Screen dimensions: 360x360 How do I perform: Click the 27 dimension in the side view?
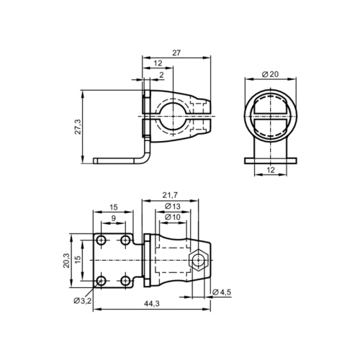pyautogui.click(x=176, y=52)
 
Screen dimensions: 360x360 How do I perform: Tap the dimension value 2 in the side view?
pyautogui.click(x=161, y=75)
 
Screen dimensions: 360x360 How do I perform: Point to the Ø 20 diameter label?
pyautogui.click(x=270, y=74)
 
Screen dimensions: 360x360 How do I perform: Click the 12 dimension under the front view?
pyautogui.click(x=269, y=170)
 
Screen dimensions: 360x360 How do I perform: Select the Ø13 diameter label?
pyautogui.click(x=172, y=207)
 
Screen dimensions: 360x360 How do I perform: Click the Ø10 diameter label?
pyautogui.click(x=172, y=217)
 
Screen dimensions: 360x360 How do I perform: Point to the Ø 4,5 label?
pyautogui.click(x=222, y=292)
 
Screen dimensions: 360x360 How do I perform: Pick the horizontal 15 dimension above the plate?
pyautogui.click(x=114, y=207)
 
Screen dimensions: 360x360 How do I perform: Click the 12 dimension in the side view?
pyautogui.click(x=157, y=64)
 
